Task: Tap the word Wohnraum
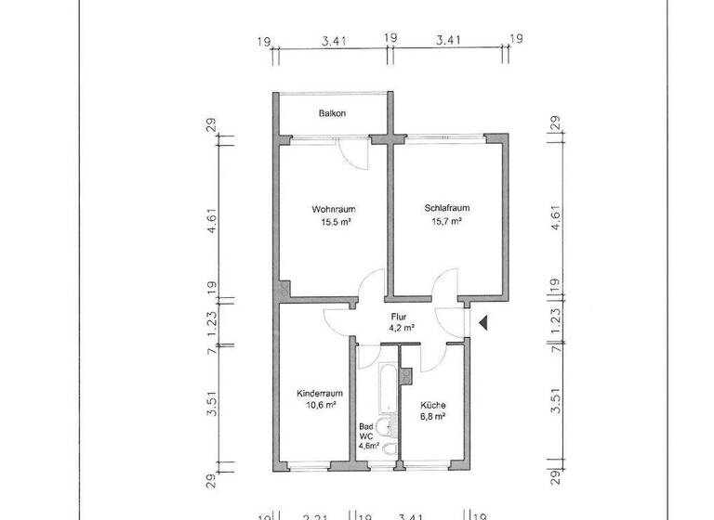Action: tap(333, 209)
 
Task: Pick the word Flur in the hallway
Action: tap(401, 316)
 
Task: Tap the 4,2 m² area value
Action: tap(401, 328)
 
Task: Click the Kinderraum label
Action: tap(316, 393)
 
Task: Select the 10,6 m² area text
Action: tap(316, 405)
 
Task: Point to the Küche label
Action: tap(432, 405)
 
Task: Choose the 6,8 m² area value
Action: tap(432, 417)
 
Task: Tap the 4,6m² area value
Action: tap(369, 447)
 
